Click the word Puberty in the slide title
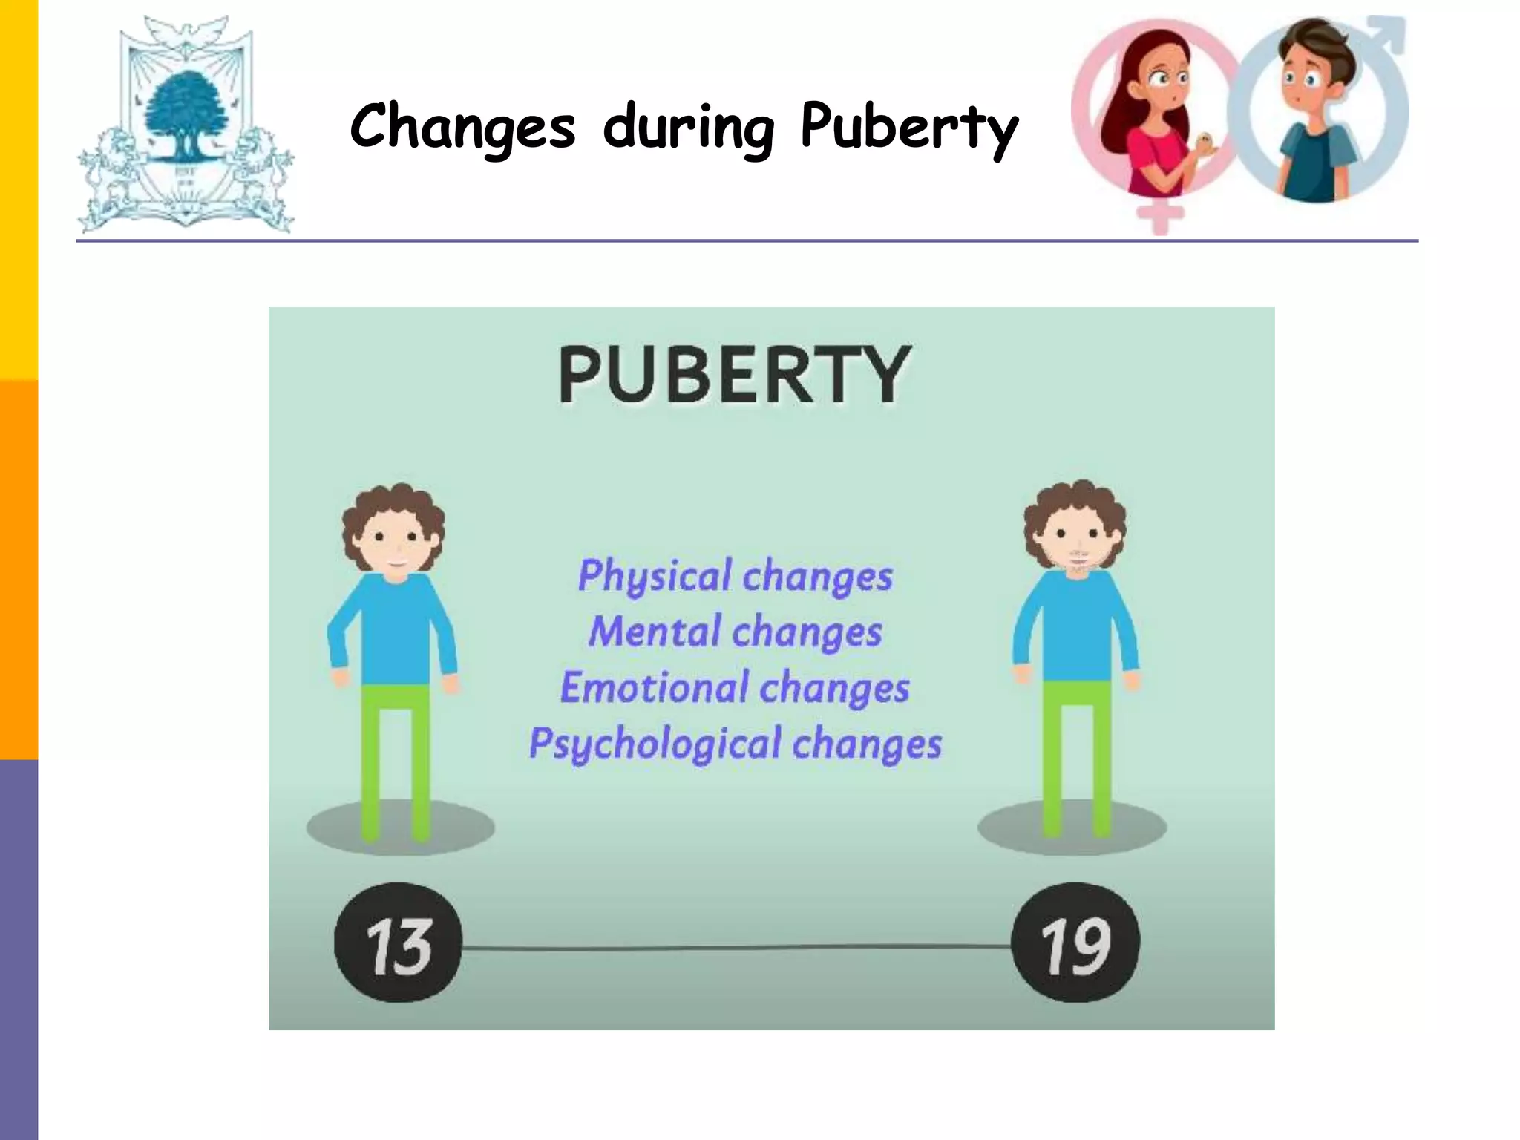[908, 128]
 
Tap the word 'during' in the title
[688, 128]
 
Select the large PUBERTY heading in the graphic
[734, 374]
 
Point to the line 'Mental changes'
[735, 632]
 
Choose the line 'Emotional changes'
[735, 688]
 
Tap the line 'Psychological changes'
[735, 744]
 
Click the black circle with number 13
[399, 943]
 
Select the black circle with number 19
[1075, 943]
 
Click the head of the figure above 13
[394, 531]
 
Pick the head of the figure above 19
[1075, 530]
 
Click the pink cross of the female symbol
[1160, 216]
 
